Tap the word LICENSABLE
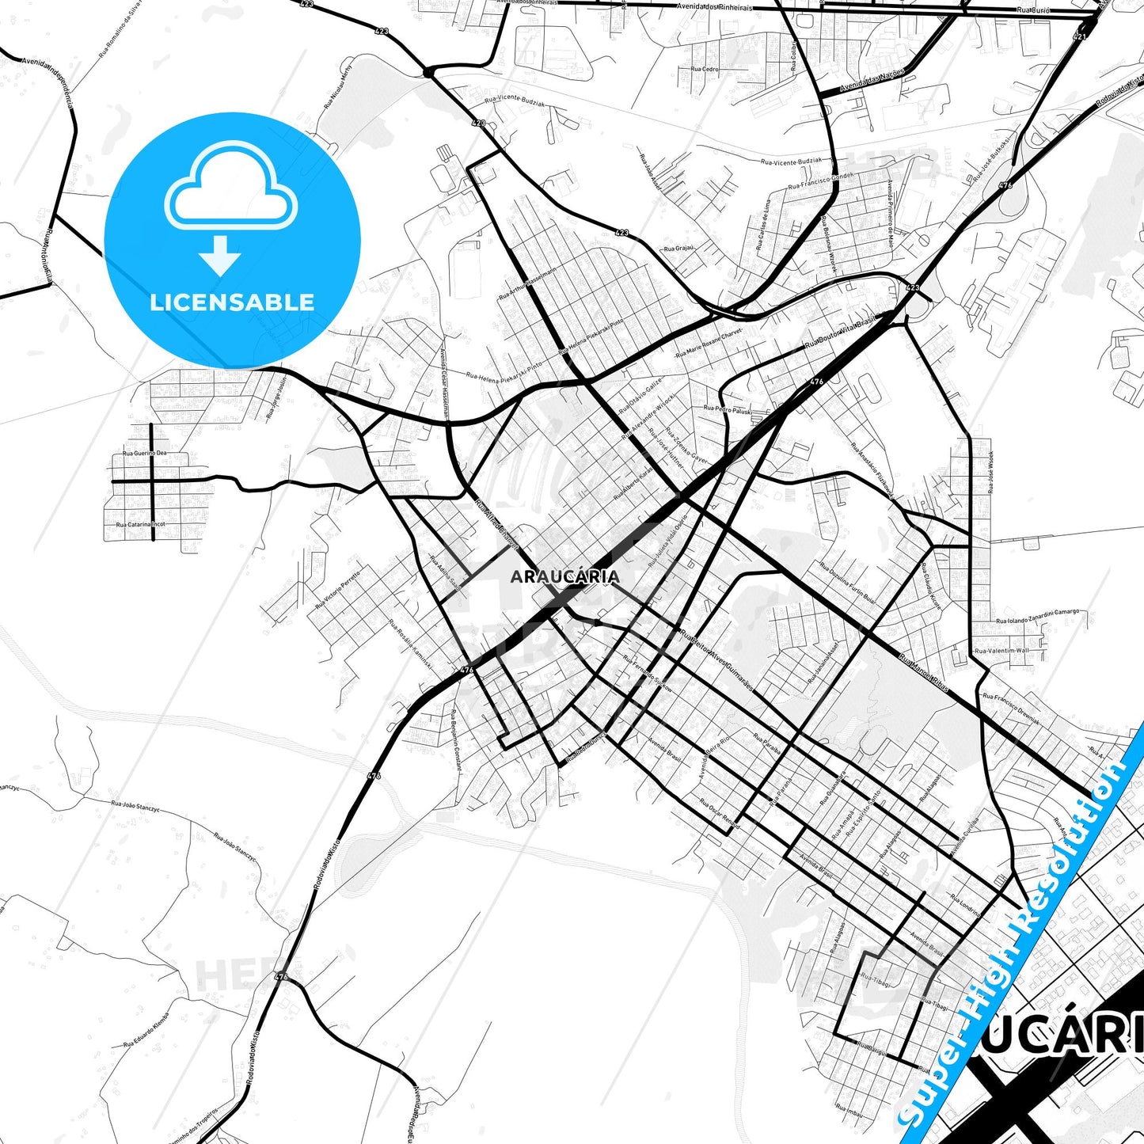click(232, 302)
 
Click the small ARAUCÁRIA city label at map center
click(564, 576)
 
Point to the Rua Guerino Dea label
click(145, 454)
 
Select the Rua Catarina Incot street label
click(141, 524)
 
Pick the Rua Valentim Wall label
click(1002, 651)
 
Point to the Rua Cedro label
click(705, 69)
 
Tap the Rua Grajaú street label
click(678, 249)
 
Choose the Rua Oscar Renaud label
click(720, 814)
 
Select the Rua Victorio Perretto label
click(338, 588)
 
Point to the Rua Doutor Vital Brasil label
click(838, 333)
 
